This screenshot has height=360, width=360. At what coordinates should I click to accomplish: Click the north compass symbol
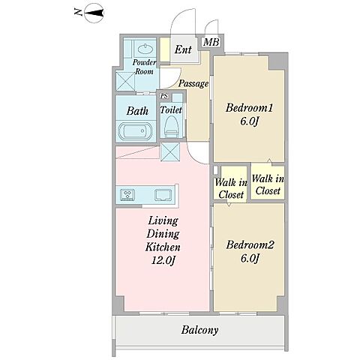coord(94,13)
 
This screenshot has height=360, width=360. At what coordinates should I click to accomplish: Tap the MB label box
coord(211,42)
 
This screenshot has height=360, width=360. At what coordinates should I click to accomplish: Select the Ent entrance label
coord(183,49)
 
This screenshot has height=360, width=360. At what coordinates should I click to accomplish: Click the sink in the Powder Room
coord(145,49)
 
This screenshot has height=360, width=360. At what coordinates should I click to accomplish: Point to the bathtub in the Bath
coord(136,131)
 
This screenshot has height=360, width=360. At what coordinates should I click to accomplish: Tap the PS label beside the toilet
coord(164,96)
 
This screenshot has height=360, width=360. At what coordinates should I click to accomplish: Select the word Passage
coord(193,83)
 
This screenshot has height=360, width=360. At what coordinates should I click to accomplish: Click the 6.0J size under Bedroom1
coord(249,121)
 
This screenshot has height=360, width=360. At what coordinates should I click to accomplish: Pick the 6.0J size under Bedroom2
coord(250,258)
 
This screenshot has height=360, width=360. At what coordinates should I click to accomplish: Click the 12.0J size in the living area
coord(163,261)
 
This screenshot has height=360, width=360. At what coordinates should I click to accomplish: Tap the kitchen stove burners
coord(127,195)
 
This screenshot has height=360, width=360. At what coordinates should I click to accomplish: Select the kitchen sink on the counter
coord(163,195)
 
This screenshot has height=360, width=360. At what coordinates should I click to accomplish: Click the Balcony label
coord(199,330)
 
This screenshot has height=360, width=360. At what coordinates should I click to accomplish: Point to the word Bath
coord(137,111)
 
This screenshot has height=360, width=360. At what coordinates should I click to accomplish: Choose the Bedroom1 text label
coord(249,108)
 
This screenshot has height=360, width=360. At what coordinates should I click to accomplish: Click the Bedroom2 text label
coord(250,244)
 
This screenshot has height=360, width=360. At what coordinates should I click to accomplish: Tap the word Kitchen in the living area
coord(163,247)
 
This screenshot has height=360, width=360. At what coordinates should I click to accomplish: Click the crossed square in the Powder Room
coord(126,81)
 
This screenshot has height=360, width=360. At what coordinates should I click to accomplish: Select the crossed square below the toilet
coord(170,151)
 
